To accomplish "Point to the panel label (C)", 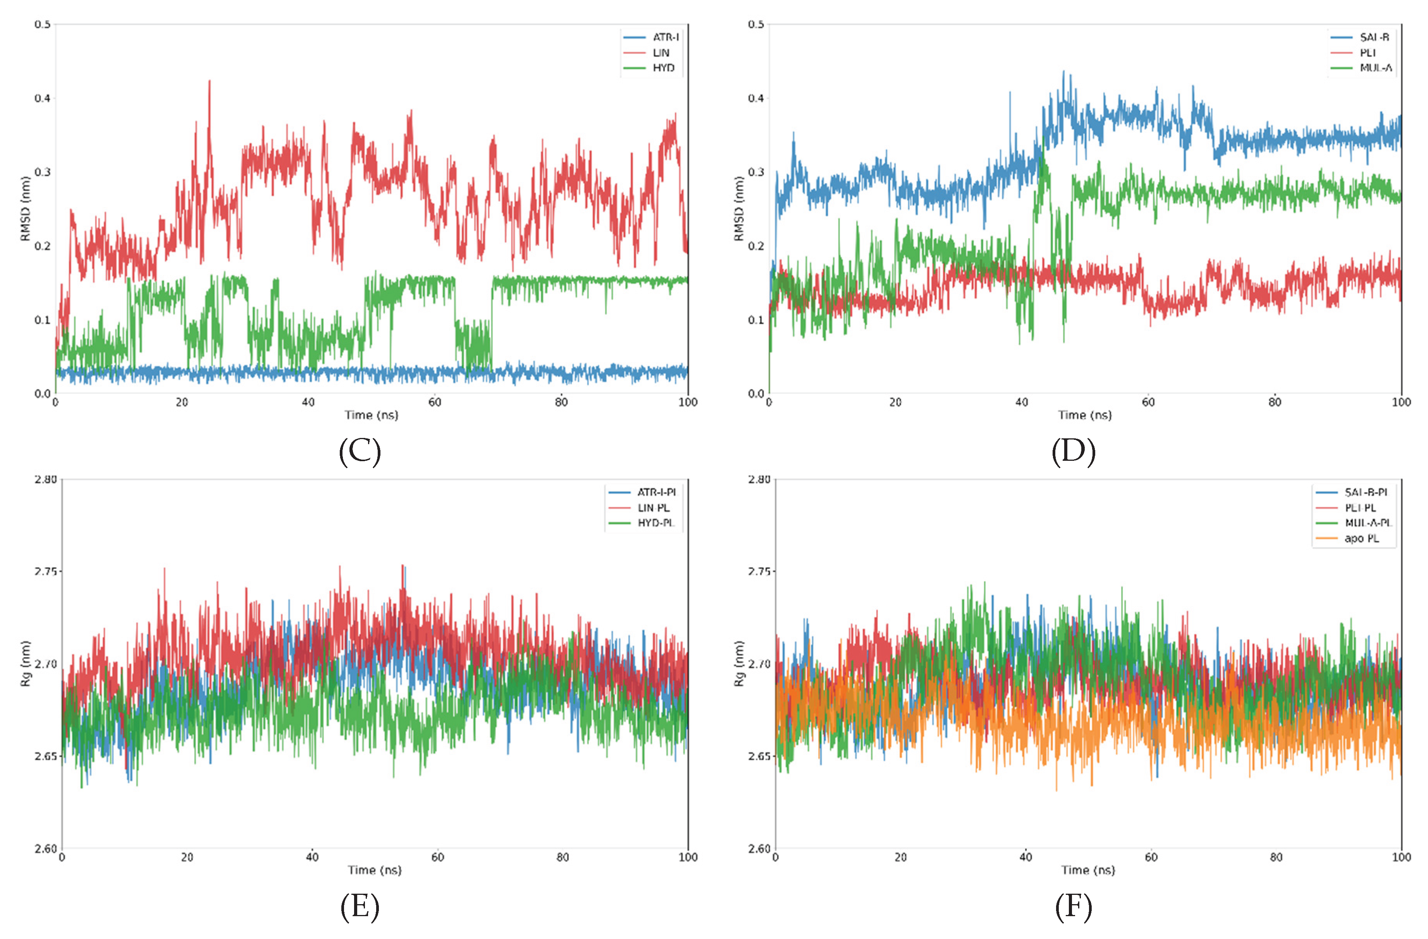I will point(360,451).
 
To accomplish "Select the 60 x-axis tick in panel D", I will point(1148,402).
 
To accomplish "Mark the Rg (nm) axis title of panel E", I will point(25,664).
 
